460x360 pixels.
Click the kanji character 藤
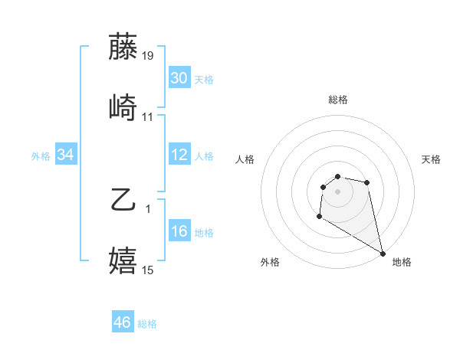(x=123, y=47)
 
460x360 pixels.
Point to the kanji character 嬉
(x=123, y=260)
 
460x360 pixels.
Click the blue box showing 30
(x=179, y=78)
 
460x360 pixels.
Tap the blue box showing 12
(x=179, y=155)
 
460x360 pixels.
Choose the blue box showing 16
(x=179, y=231)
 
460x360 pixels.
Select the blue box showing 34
(x=66, y=155)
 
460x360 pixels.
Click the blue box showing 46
(x=123, y=322)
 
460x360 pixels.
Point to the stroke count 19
(x=148, y=56)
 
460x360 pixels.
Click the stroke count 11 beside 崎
(x=148, y=117)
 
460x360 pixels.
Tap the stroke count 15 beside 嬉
(x=148, y=270)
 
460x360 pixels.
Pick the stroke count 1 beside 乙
(x=148, y=208)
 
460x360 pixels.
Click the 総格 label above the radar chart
(x=337, y=100)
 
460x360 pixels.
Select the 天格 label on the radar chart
(x=432, y=159)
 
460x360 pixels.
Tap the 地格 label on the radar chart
(x=402, y=262)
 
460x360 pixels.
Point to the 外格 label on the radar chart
(x=270, y=262)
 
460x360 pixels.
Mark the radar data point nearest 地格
(x=383, y=254)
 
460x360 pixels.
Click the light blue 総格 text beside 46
(x=147, y=324)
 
